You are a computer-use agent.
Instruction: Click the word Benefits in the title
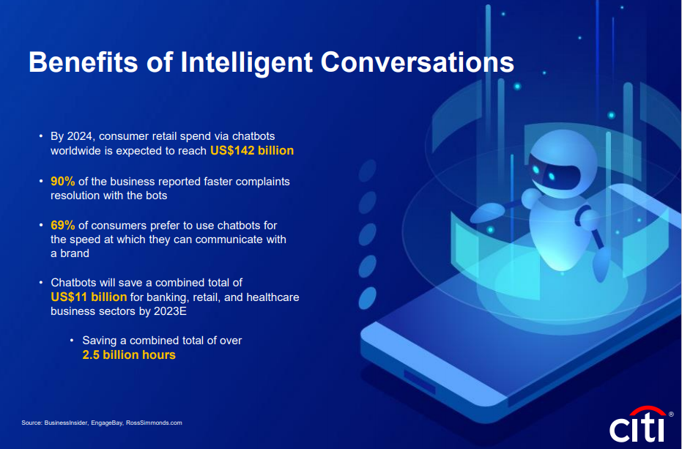coord(84,62)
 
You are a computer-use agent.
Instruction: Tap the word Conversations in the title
coord(417,62)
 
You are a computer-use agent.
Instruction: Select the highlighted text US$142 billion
coord(252,151)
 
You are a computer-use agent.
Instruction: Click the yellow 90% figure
coord(63,182)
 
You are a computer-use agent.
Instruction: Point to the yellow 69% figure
coord(63,226)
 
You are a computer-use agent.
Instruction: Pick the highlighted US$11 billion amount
coord(89,297)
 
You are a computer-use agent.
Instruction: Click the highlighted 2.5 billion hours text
coord(129,355)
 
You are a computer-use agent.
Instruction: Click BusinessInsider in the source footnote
coord(67,423)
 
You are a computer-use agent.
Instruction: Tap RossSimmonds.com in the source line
coord(154,423)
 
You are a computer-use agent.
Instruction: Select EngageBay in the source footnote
coord(106,423)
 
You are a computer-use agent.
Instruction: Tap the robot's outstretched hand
coord(487,212)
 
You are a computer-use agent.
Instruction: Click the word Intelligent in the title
coord(246,62)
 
